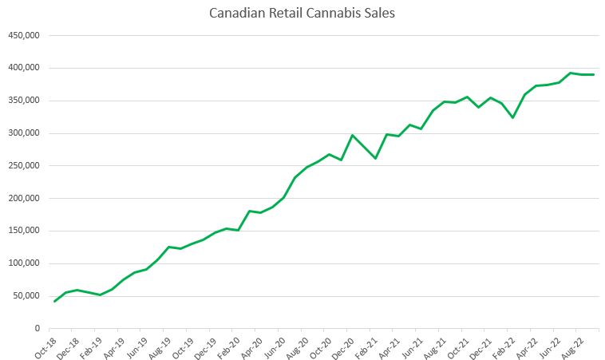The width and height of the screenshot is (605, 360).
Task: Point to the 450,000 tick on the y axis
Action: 24,35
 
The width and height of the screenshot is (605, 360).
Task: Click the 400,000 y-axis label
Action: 24,68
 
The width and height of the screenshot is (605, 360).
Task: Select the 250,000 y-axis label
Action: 24,166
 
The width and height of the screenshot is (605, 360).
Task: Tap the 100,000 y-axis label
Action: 24,263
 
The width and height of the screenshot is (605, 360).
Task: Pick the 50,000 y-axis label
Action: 26,296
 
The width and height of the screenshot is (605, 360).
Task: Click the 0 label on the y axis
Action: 37,328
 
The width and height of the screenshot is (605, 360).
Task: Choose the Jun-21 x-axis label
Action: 414,344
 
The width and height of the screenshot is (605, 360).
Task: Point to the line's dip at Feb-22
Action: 513,117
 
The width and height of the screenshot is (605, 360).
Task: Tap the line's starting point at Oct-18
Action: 54,301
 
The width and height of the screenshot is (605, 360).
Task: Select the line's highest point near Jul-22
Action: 571,73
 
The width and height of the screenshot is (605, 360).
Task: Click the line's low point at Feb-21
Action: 375,158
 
